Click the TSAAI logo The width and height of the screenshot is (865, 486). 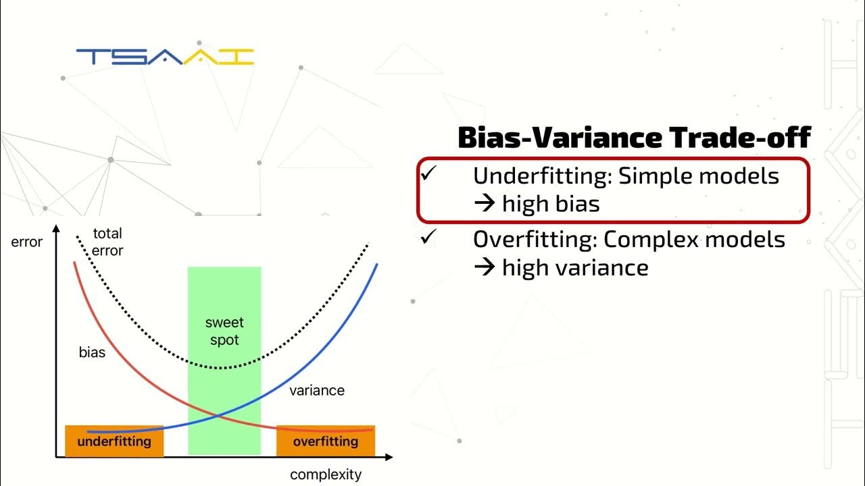click(165, 57)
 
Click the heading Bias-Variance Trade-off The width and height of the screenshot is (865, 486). click(633, 138)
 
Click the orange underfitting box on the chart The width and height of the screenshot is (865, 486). click(114, 441)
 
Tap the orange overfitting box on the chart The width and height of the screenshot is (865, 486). click(326, 441)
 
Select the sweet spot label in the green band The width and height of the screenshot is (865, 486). click(224, 331)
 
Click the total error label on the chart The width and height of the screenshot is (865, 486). click(107, 242)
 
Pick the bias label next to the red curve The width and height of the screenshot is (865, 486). click(92, 352)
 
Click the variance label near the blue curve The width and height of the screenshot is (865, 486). click(317, 390)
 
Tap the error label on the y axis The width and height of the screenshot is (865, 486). click(27, 242)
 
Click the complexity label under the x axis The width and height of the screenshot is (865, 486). click(326, 475)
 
